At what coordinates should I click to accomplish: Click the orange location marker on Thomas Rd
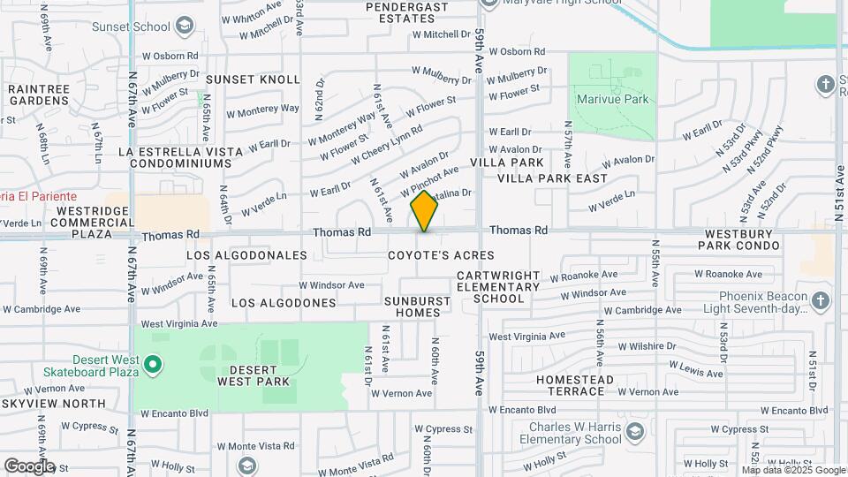425,210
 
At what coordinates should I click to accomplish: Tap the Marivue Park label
612,99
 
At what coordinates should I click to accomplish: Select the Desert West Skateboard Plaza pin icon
153,363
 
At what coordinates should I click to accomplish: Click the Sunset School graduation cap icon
184,26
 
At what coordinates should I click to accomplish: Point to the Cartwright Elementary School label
498,287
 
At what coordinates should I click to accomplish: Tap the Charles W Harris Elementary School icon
634,432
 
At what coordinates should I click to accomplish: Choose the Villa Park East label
552,178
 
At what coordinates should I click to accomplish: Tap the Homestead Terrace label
575,385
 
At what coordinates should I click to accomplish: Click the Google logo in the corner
28,466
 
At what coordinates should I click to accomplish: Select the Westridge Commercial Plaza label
93,217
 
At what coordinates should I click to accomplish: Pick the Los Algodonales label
247,255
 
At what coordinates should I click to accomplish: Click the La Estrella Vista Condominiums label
181,158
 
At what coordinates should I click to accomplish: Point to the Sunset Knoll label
240,79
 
